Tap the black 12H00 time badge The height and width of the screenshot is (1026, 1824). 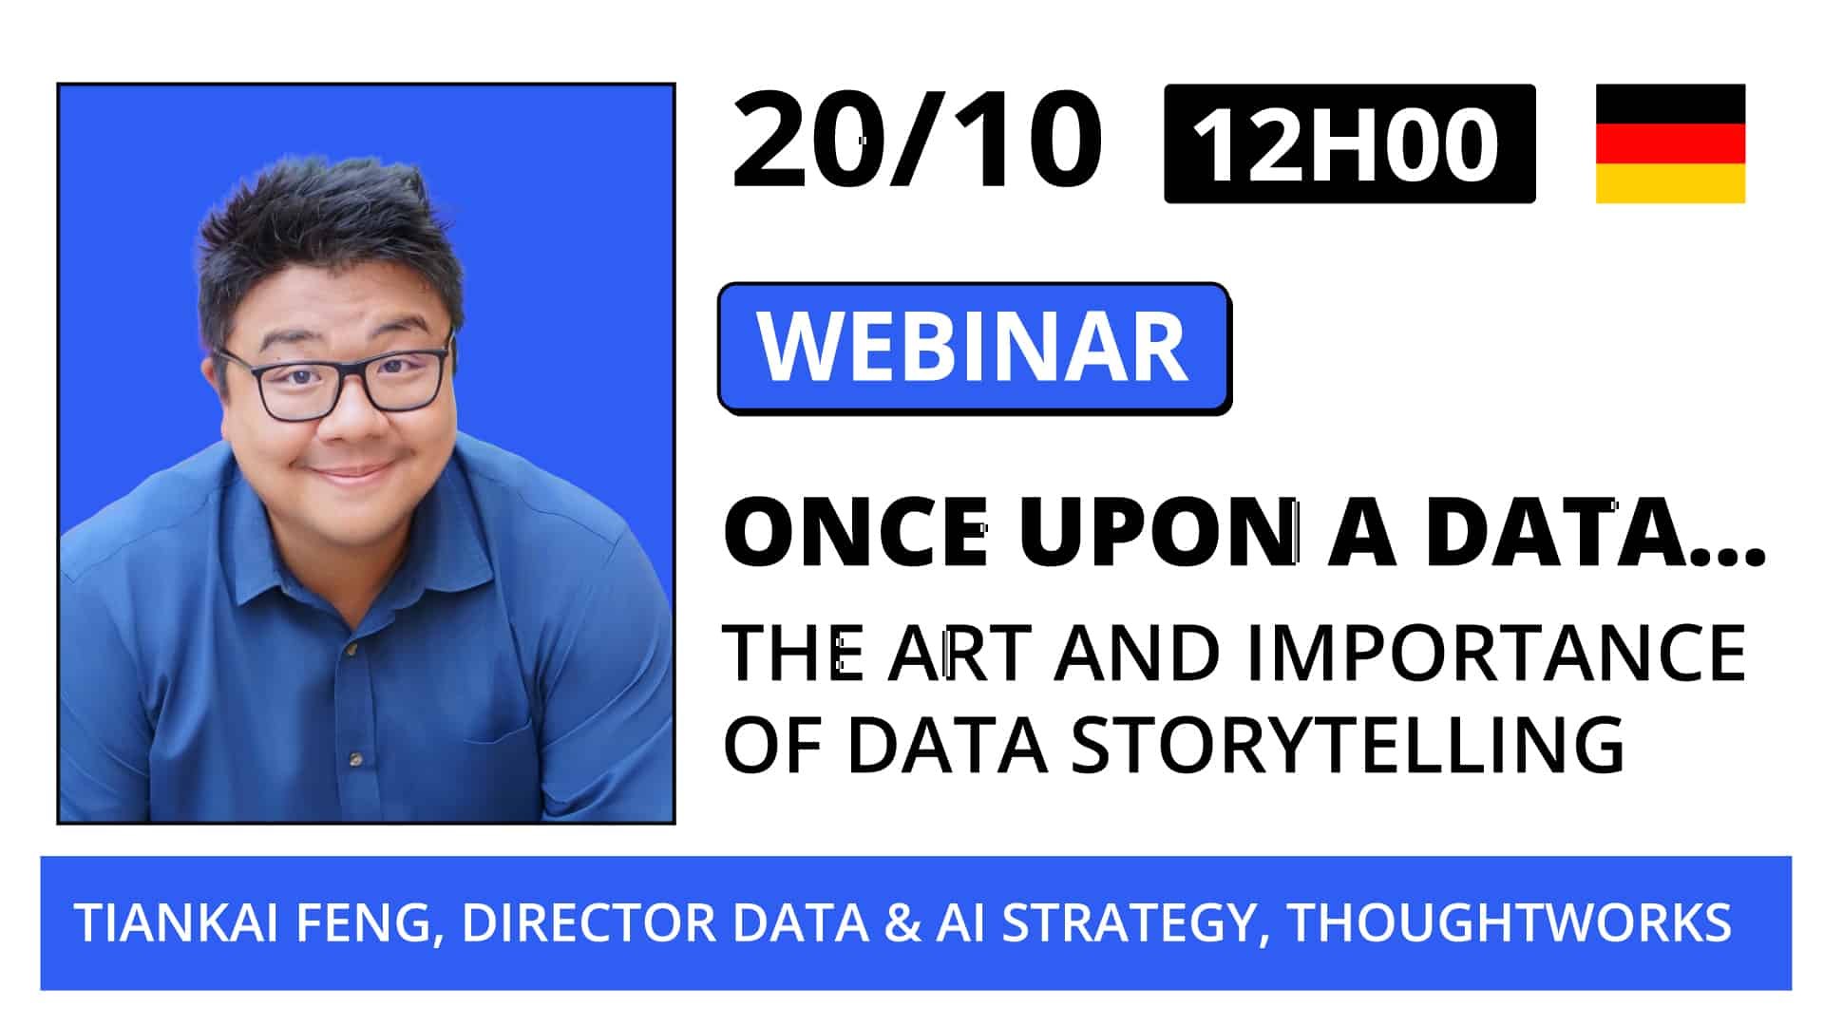(x=1349, y=144)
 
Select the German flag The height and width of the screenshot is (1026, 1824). (x=1670, y=143)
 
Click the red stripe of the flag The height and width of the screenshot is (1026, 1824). (x=1670, y=143)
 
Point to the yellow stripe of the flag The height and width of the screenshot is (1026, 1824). (x=1670, y=183)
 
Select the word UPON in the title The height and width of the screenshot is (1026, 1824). (x=1159, y=533)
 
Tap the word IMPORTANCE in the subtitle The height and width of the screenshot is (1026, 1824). (x=1495, y=654)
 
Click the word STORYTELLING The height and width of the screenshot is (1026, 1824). (x=1347, y=744)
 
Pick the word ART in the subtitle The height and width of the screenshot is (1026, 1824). (x=959, y=654)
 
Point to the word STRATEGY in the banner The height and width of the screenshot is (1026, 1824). (x=1127, y=922)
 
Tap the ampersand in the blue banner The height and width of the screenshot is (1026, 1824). (x=902, y=922)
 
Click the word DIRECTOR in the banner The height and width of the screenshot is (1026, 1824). (x=588, y=922)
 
